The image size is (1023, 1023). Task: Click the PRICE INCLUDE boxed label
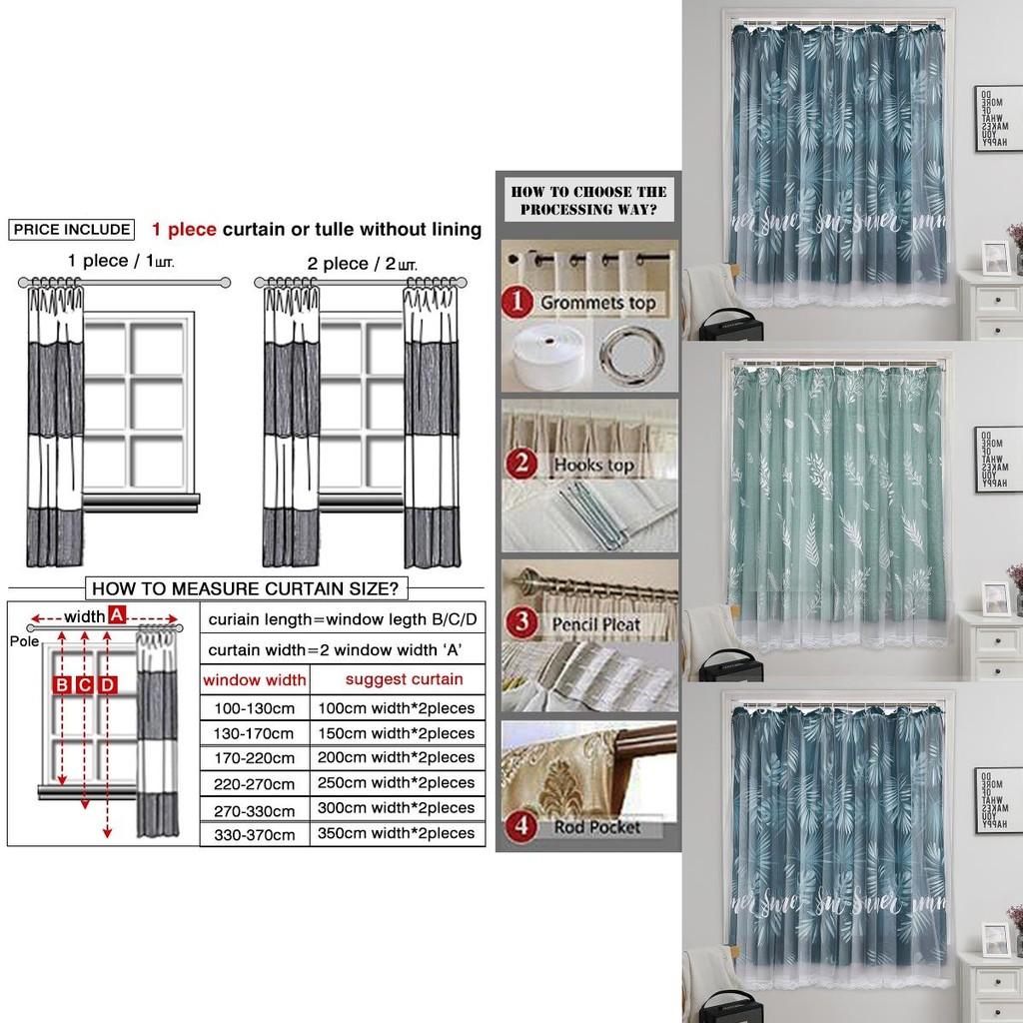point(71,230)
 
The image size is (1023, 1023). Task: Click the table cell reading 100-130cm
point(254,708)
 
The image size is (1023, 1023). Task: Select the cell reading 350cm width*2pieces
point(396,832)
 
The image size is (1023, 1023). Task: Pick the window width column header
point(254,680)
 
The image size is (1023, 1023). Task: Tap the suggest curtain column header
point(404,679)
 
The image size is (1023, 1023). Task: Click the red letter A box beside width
point(117,615)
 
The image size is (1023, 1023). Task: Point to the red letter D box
point(108,684)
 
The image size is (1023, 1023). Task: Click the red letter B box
point(62,684)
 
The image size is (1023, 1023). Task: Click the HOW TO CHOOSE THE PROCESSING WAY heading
point(588,200)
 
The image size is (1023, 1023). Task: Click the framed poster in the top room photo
point(998,118)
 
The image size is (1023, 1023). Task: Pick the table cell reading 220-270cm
point(254,784)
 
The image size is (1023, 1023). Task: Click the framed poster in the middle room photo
point(998,459)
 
